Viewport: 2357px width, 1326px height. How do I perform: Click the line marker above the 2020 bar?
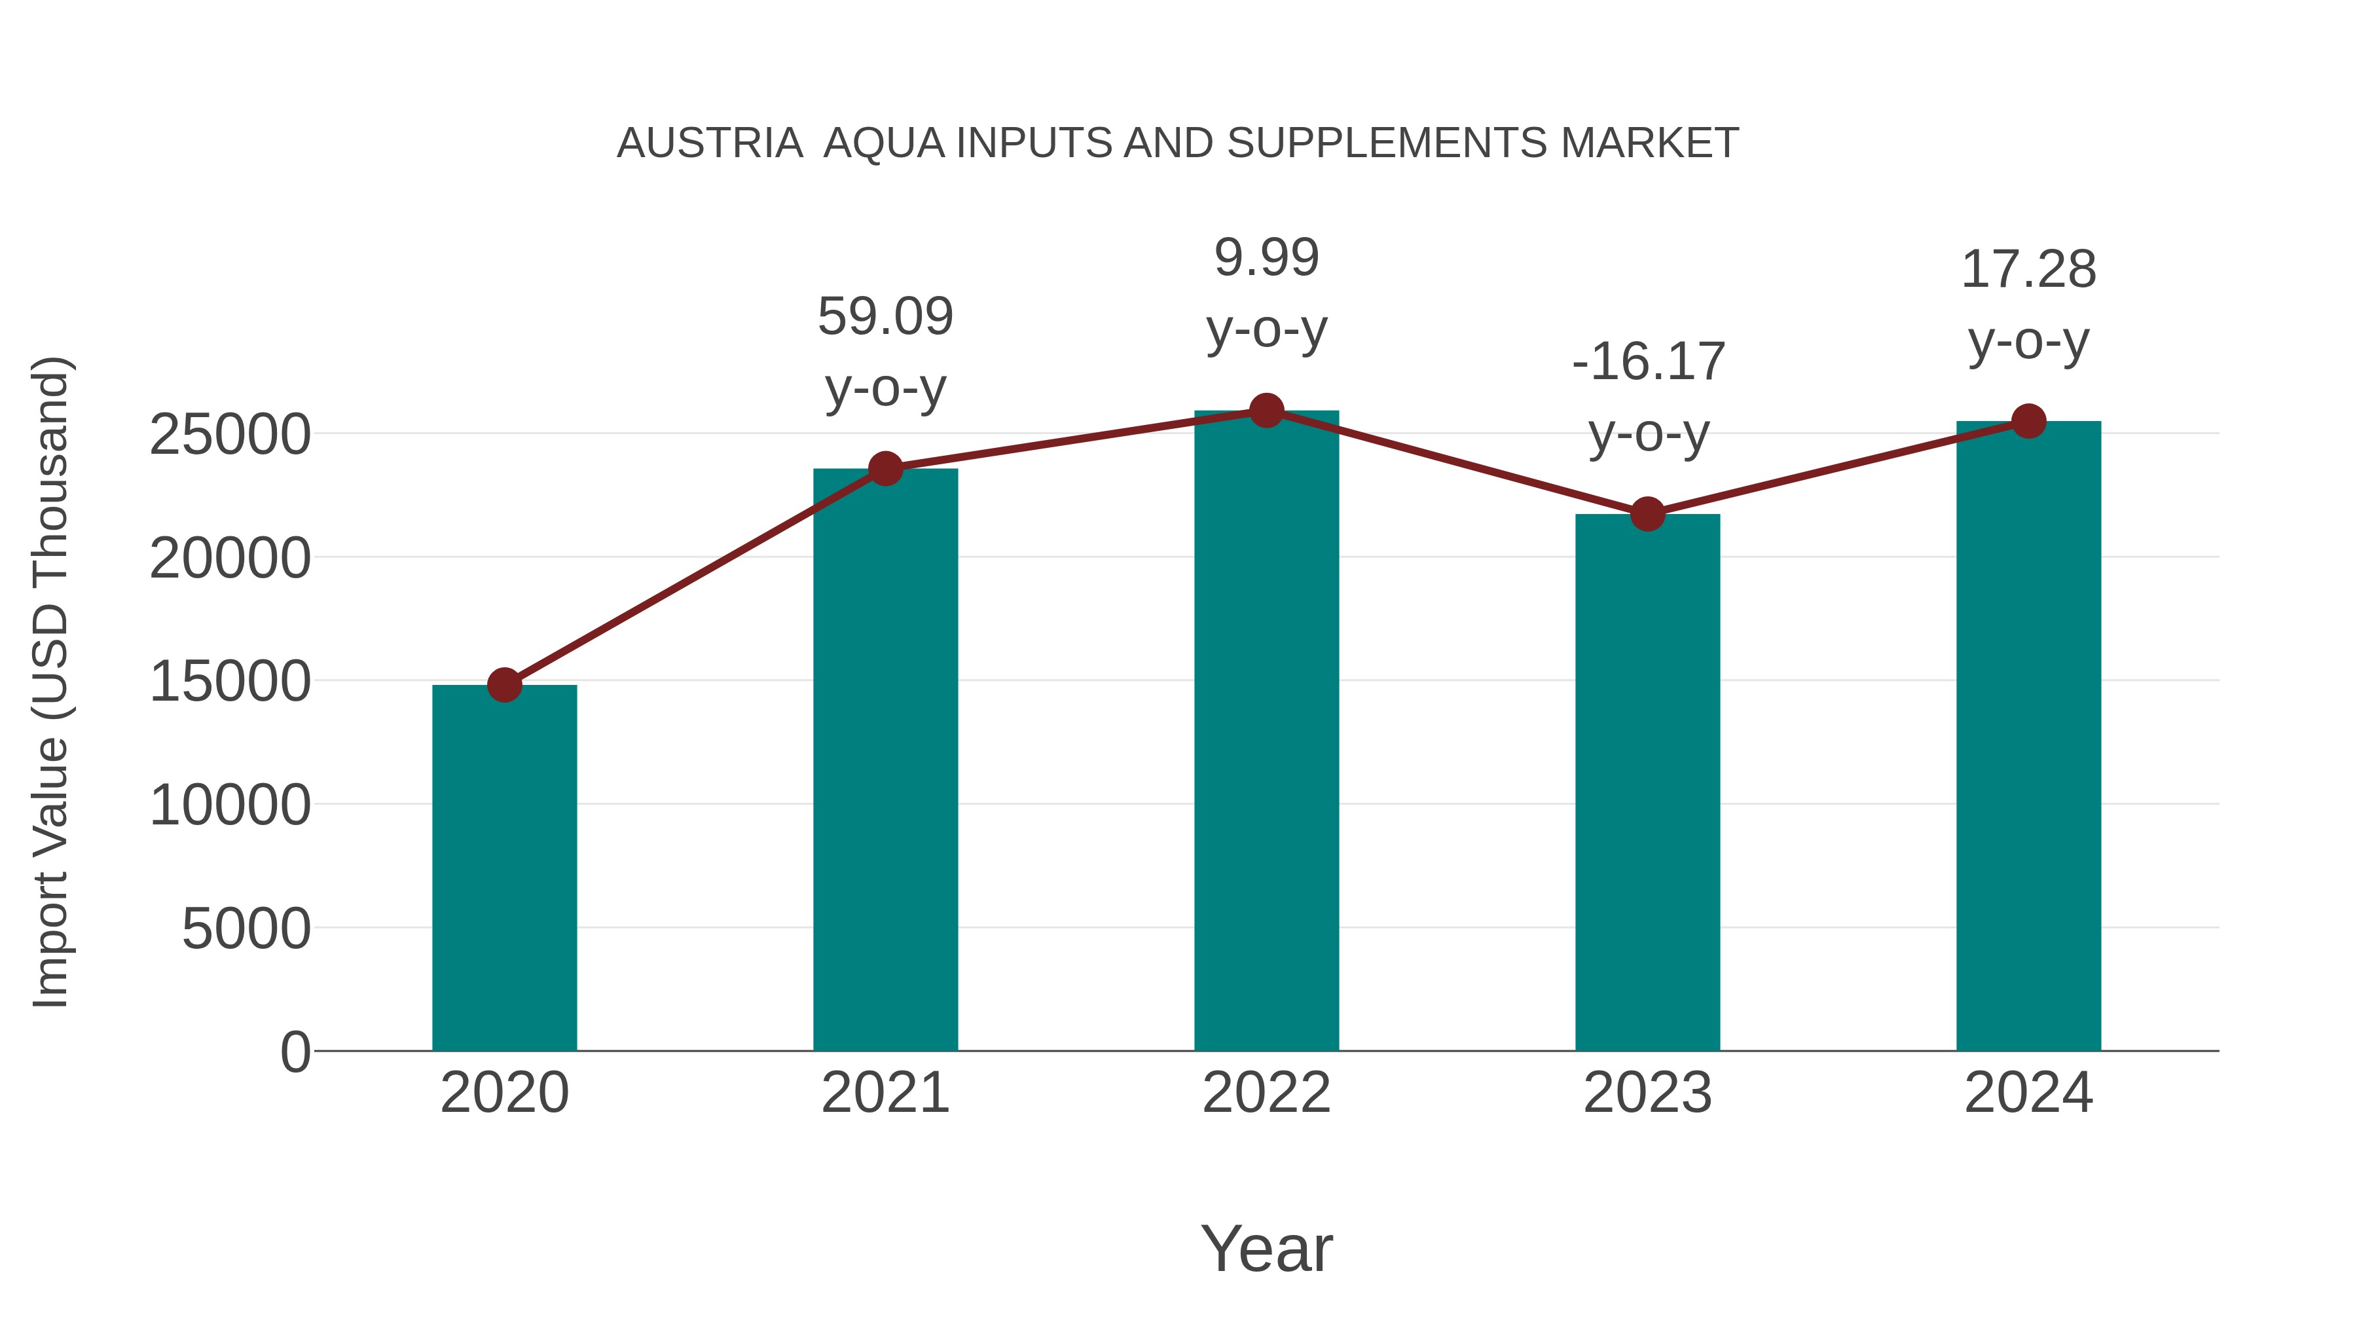pos(504,684)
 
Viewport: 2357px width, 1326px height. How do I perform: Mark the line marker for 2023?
pos(1647,514)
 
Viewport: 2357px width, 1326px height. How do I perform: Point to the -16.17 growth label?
pos(1648,361)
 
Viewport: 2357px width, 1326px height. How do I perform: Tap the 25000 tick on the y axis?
pos(230,435)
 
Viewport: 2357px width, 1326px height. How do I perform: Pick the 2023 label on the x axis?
pos(1647,1093)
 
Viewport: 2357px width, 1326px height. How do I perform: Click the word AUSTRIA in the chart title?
pos(710,143)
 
